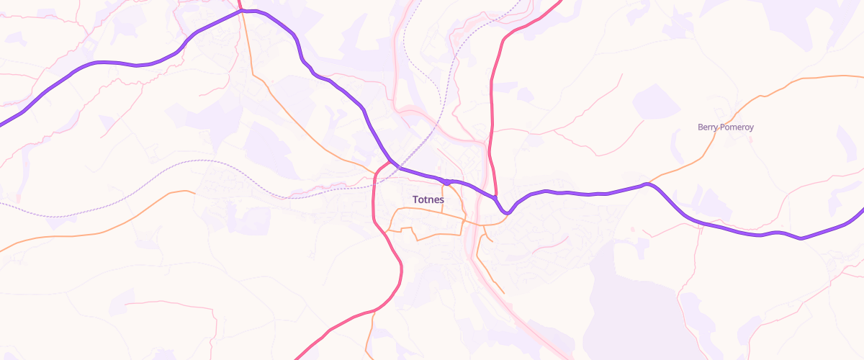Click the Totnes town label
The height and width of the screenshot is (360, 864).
(428, 199)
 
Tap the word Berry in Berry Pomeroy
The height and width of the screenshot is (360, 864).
(708, 127)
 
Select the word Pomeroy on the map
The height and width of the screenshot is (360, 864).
(737, 127)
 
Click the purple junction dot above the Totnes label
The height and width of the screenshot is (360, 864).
(447, 182)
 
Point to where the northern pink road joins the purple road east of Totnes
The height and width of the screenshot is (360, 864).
(496, 196)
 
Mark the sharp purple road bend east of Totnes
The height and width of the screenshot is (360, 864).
(508, 212)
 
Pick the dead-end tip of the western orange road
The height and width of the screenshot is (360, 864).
(195, 192)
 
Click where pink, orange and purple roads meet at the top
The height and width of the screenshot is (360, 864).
(241, 11)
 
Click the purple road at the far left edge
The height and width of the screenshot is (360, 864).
(3, 123)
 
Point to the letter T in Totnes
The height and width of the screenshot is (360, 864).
(415, 199)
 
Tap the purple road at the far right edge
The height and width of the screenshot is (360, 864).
(861, 212)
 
